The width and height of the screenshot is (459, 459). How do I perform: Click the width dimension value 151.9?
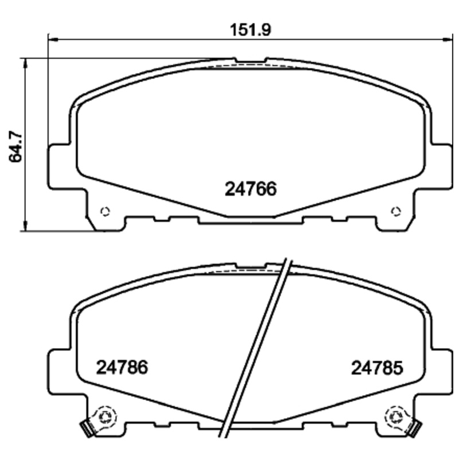click(251, 29)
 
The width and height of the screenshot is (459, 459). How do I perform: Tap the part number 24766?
click(250, 189)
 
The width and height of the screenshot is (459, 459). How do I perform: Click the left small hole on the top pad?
click(104, 211)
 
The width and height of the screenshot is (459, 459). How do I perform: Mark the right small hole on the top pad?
click(395, 211)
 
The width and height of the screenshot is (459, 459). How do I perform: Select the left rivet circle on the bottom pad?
click(105, 415)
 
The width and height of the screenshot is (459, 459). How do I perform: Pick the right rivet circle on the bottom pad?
click(395, 415)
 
